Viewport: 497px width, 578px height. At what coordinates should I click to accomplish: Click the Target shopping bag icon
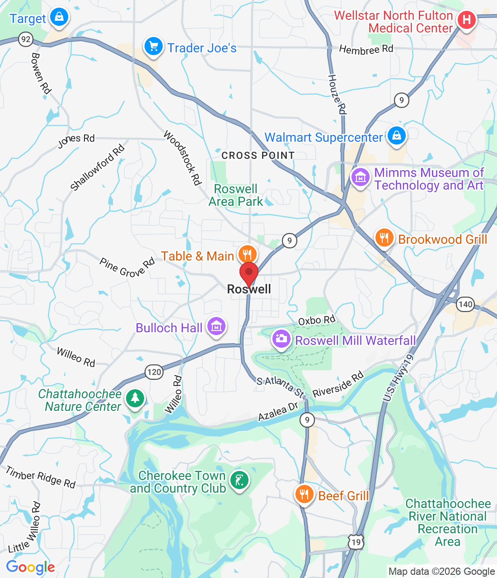(x=59, y=18)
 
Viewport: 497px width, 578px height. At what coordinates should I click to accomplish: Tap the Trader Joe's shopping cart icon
(x=154, y=47)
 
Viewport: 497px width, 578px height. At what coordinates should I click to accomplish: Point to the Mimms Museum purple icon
(x=360, y=177)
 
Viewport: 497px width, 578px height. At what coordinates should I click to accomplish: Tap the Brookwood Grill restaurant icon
(x=384, y=237)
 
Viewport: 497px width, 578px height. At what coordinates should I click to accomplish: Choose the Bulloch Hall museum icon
(x=216, y=326)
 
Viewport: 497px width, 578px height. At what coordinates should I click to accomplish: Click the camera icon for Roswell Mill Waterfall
(x=281, y=339)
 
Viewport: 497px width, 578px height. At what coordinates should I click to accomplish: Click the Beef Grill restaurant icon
(x=304, y=494)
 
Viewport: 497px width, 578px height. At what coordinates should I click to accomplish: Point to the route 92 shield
(x=26, y=39)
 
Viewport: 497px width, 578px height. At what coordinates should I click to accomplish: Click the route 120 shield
(x=154, y=372)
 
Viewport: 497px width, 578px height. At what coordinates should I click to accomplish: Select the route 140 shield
(x=465, y=304)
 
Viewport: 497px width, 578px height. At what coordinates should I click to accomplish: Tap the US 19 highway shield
(x=356, y=542)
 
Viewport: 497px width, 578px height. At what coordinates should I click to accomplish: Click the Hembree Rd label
(x=366, y=49)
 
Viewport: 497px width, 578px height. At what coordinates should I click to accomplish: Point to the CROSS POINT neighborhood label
(x=258, y=155)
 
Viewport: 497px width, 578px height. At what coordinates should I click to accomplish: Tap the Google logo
(x=30, y=567)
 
